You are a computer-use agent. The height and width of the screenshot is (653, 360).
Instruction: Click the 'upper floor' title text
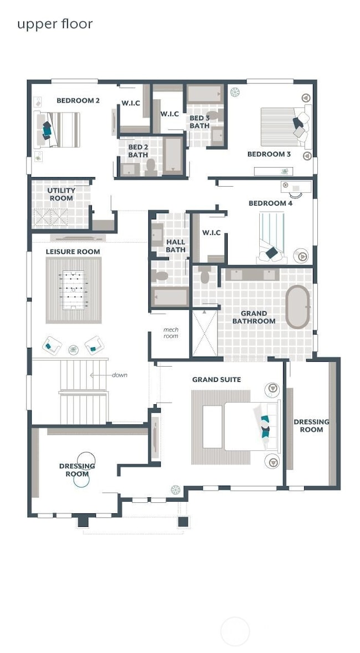point(54,24)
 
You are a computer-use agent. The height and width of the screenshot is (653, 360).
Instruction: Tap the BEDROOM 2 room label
point(78,101)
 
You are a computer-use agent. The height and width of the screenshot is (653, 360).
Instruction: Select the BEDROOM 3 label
point(269,154)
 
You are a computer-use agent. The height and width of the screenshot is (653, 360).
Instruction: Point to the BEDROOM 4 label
point(270,203)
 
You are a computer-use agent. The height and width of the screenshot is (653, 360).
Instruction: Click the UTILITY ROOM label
point(61,194)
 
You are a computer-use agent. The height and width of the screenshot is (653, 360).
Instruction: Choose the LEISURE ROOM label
point(73,251)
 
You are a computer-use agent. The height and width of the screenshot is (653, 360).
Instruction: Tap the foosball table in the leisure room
point(73,290)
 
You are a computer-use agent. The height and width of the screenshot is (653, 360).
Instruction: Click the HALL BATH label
point(176,246)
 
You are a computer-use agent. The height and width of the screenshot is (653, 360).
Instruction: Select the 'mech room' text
point(171,333)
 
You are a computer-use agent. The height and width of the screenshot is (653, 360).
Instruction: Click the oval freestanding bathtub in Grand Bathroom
point(298,307)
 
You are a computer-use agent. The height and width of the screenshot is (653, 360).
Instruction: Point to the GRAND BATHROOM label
point(254,317)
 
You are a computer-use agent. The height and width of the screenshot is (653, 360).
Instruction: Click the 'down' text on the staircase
point(119,375)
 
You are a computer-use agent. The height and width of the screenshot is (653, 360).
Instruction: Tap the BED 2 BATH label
point(138,151)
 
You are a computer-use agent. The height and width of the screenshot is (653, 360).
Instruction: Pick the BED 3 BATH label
point(199,122)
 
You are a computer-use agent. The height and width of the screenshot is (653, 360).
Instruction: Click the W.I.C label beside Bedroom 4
point(211,233)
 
